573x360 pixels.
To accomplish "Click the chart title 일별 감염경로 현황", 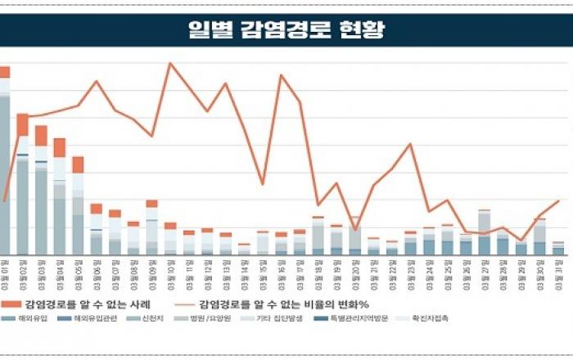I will [x=286, y=30].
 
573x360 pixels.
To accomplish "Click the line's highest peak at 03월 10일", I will [x=170, y=63].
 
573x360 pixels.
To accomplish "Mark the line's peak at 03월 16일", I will [x=282, y=75].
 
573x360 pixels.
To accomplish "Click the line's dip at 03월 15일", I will [x=263, y=184].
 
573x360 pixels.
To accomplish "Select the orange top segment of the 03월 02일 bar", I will [x=23, y=124].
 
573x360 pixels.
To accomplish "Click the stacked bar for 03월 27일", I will [x=485, y=233].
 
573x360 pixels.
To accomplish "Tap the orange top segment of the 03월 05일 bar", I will [x=78, y=164].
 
